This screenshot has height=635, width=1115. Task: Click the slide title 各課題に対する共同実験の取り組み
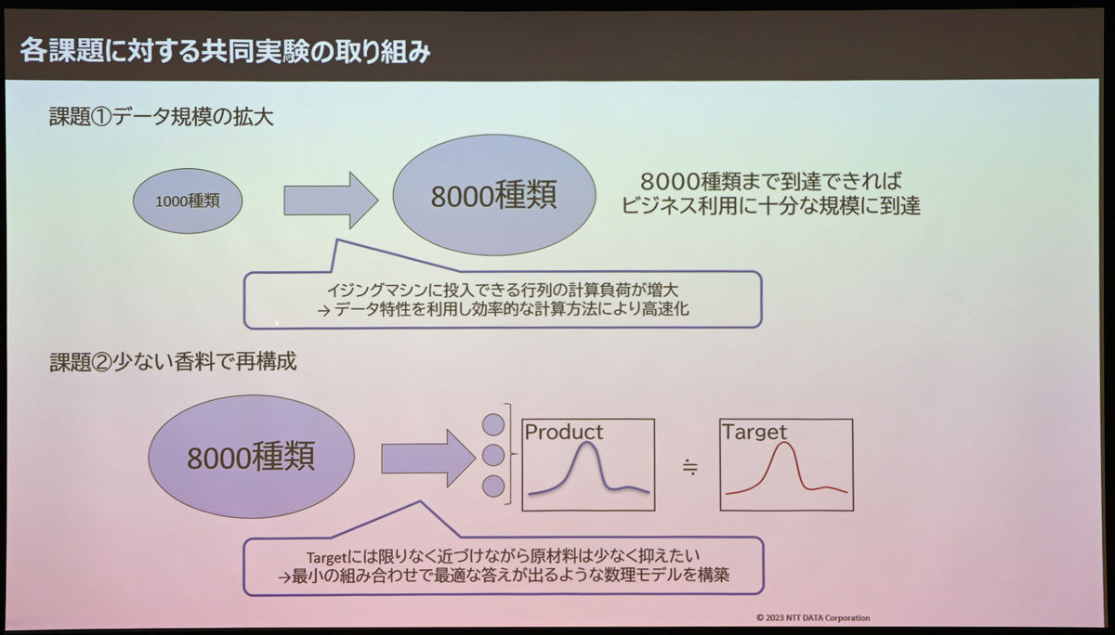225,51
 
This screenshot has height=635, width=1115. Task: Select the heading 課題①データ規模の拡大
162,117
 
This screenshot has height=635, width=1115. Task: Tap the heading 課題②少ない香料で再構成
173,361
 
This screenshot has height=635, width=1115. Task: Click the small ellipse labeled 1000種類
188,201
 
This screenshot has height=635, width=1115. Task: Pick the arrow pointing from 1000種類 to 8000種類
331,201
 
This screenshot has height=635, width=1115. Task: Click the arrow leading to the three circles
428,458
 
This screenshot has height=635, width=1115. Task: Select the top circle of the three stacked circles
493,424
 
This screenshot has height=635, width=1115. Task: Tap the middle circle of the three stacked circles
493,456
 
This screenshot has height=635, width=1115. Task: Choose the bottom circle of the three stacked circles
493,486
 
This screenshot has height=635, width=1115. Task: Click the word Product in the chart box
563,432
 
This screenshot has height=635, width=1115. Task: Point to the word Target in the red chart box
754,432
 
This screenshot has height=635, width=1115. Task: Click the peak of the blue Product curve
587,443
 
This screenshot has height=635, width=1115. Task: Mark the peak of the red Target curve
784,443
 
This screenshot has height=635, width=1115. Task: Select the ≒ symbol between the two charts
689,467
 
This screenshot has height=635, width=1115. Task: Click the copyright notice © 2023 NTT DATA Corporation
813,617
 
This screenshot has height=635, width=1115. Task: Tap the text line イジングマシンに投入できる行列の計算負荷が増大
503,290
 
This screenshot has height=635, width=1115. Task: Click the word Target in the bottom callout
326,557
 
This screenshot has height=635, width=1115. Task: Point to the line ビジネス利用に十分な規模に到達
770,206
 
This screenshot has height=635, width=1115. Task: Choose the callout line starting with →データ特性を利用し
503,309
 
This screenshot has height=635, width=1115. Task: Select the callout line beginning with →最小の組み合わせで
504,576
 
